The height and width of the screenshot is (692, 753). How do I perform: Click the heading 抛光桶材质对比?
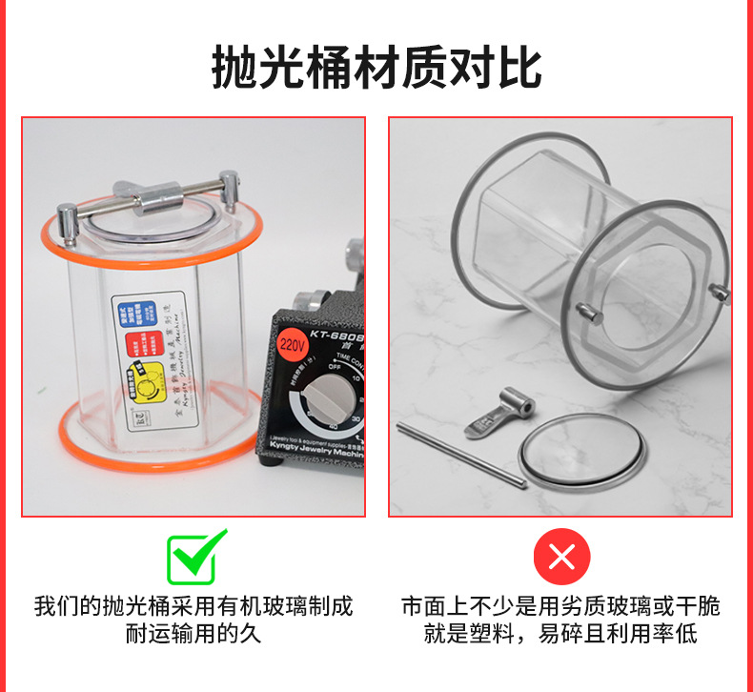tap(376, 68)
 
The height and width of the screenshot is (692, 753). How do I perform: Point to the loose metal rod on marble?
tap(460, 455)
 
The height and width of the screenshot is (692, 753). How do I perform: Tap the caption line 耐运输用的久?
tap(193, 634)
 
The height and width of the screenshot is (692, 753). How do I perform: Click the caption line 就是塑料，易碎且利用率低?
tap(560, 634)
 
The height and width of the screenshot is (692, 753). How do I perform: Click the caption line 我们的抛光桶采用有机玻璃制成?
tap(193, 605)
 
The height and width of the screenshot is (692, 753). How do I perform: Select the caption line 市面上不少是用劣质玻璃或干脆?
tap(560, 605)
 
